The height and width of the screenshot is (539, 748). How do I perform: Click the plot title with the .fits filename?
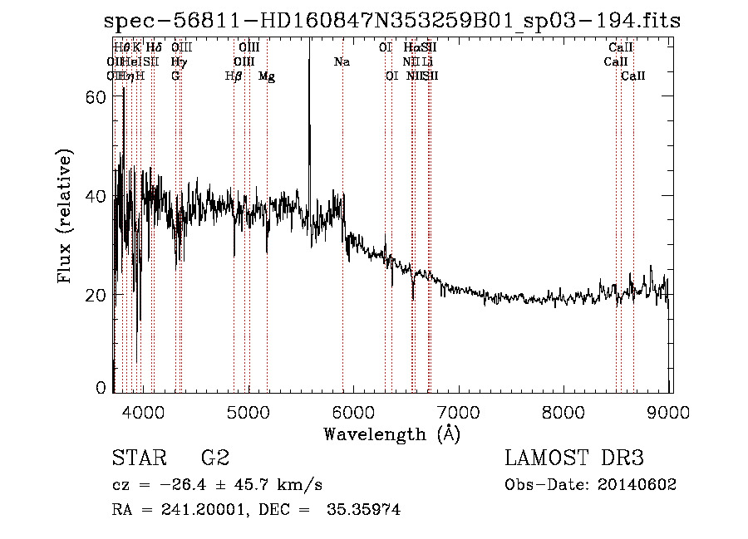pos(392,21)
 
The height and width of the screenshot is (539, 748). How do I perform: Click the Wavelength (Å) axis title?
pos(391,433)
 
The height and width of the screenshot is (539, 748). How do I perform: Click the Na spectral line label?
pos(342,61)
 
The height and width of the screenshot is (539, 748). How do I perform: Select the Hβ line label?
pos(234,76)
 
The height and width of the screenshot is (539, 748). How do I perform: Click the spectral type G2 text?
pos(215,458)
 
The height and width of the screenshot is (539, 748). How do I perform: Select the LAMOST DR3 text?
pos(575,458)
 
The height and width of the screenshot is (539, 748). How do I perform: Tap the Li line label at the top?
pos(426,61)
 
